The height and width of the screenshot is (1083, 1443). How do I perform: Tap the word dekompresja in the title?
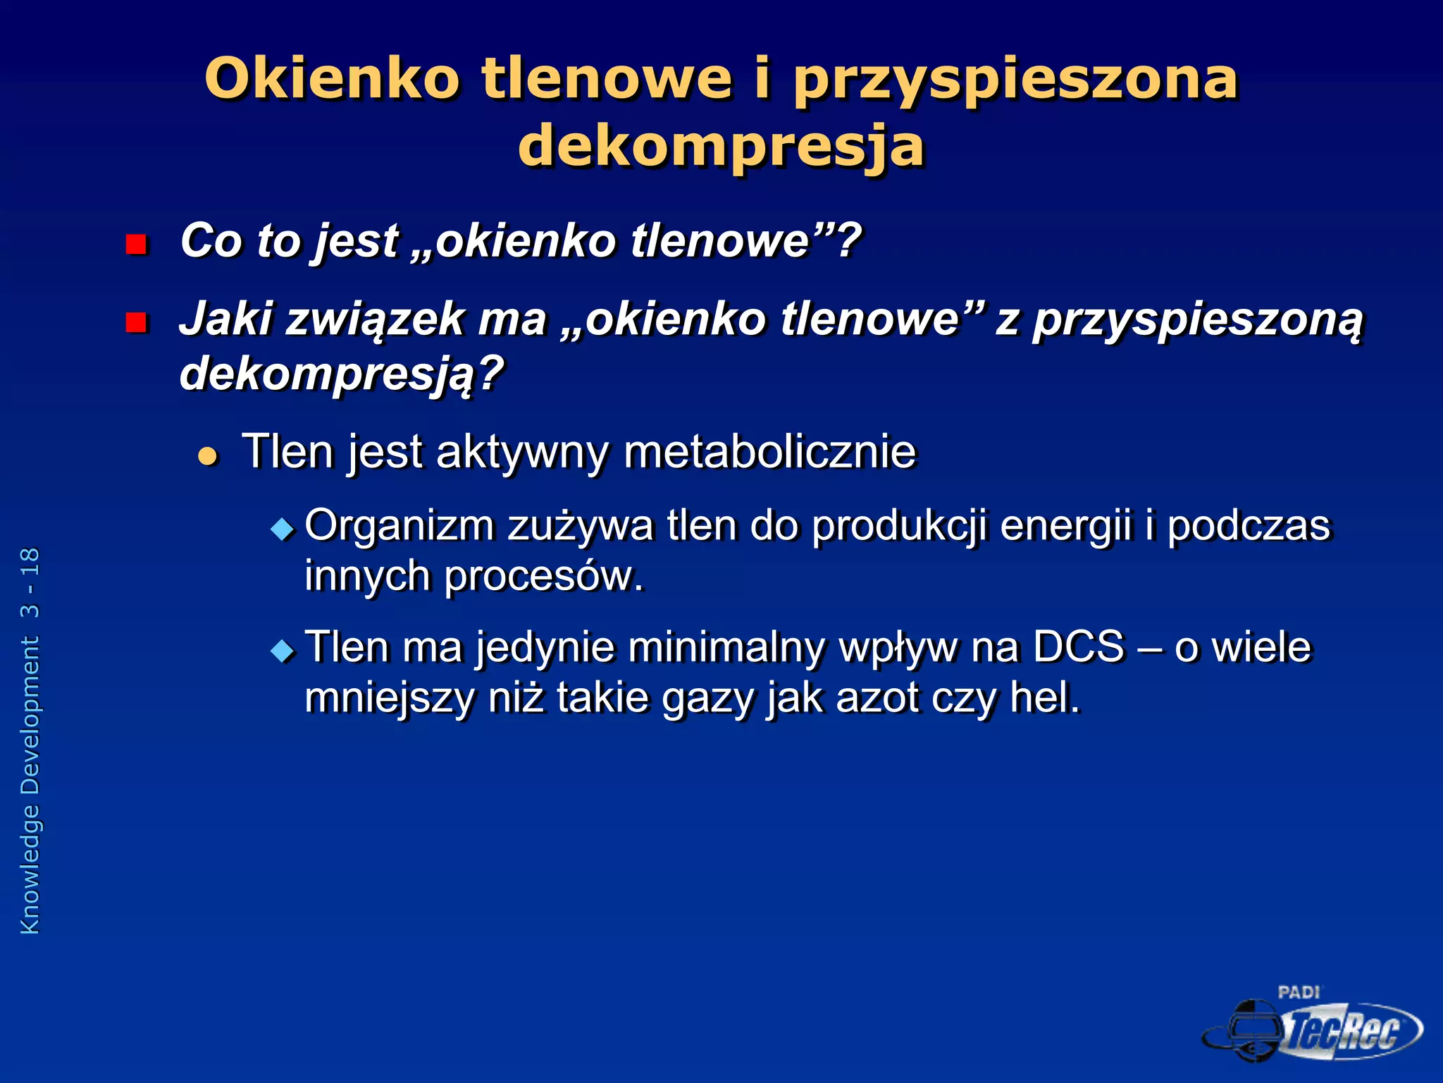tap(721, 147)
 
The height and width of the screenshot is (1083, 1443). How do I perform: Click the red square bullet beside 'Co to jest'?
tap(135, 245)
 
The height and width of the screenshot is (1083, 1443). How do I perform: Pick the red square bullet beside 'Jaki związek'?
tap(135, 323)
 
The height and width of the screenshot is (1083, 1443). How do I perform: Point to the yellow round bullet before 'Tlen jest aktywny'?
tap(208, 456)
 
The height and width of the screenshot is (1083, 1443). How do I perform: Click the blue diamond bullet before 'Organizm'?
tap(283, 529)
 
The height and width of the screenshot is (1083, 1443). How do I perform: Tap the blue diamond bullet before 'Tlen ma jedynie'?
tap(283, 650)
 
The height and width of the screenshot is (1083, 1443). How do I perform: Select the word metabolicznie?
tap(770, 451)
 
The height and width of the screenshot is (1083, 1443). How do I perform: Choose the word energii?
tap(1065, 527)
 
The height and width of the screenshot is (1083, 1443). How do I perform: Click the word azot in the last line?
tap(877, 697)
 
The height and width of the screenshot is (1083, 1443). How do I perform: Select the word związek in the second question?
tap(375, 319)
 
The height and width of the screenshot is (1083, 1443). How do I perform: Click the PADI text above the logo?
tap(1299, 993)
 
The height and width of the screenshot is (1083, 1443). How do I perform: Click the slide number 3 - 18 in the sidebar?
tap(30, 583)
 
